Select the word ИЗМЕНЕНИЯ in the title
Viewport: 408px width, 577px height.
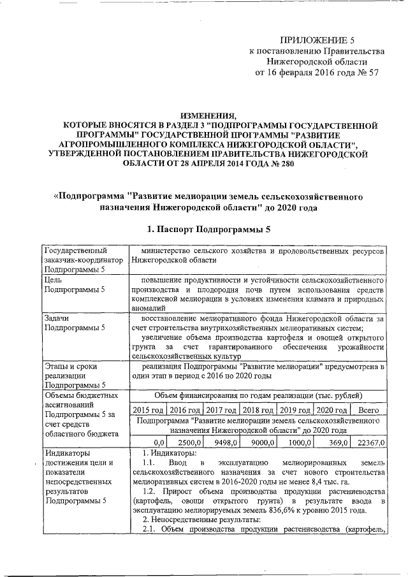208,115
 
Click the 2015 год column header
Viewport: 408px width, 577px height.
148,410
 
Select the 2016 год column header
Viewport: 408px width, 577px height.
186,410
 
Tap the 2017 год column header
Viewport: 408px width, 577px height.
222,410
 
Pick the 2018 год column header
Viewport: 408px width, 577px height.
259,410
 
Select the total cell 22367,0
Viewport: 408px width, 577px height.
372,442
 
